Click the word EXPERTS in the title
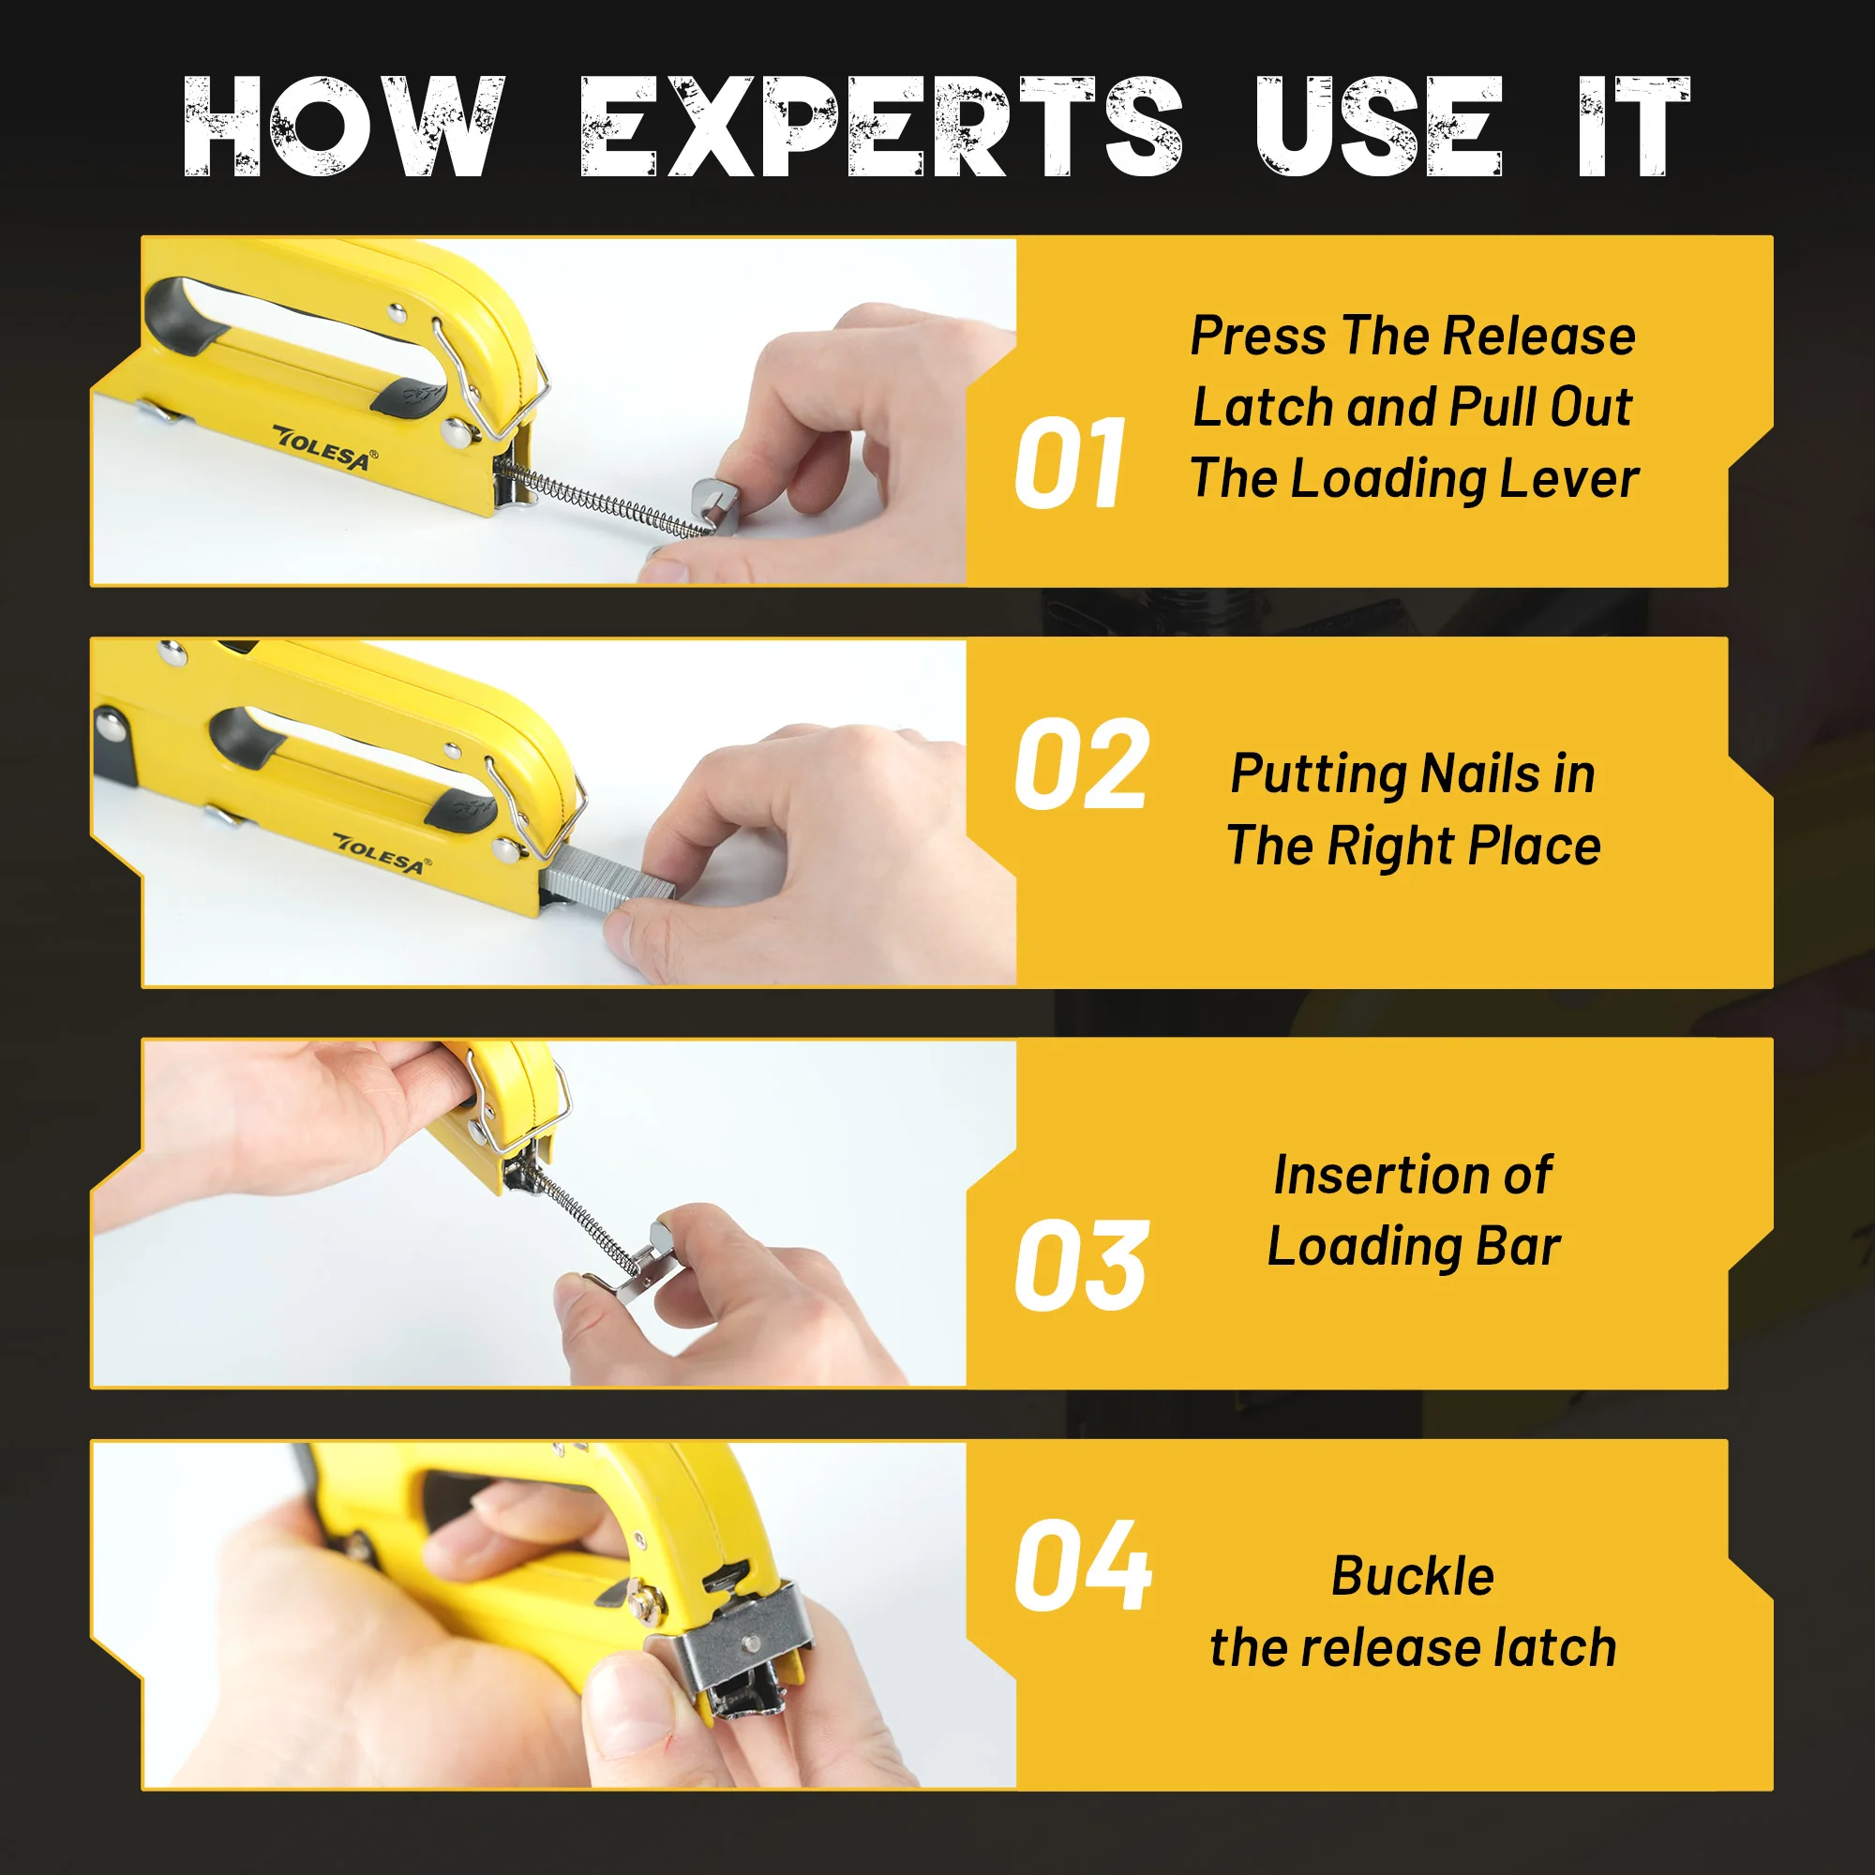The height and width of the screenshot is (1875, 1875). click(881, 127)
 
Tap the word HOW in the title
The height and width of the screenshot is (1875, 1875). click(344, 127)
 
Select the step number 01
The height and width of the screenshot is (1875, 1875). click(1070, 464)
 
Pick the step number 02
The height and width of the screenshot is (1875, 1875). click(1081, 765)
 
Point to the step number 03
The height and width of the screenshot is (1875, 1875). click(1081, 1266)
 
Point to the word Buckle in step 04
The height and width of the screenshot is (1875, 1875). click(1412, 1576)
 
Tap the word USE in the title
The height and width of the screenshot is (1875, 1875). click(1378, 127)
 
